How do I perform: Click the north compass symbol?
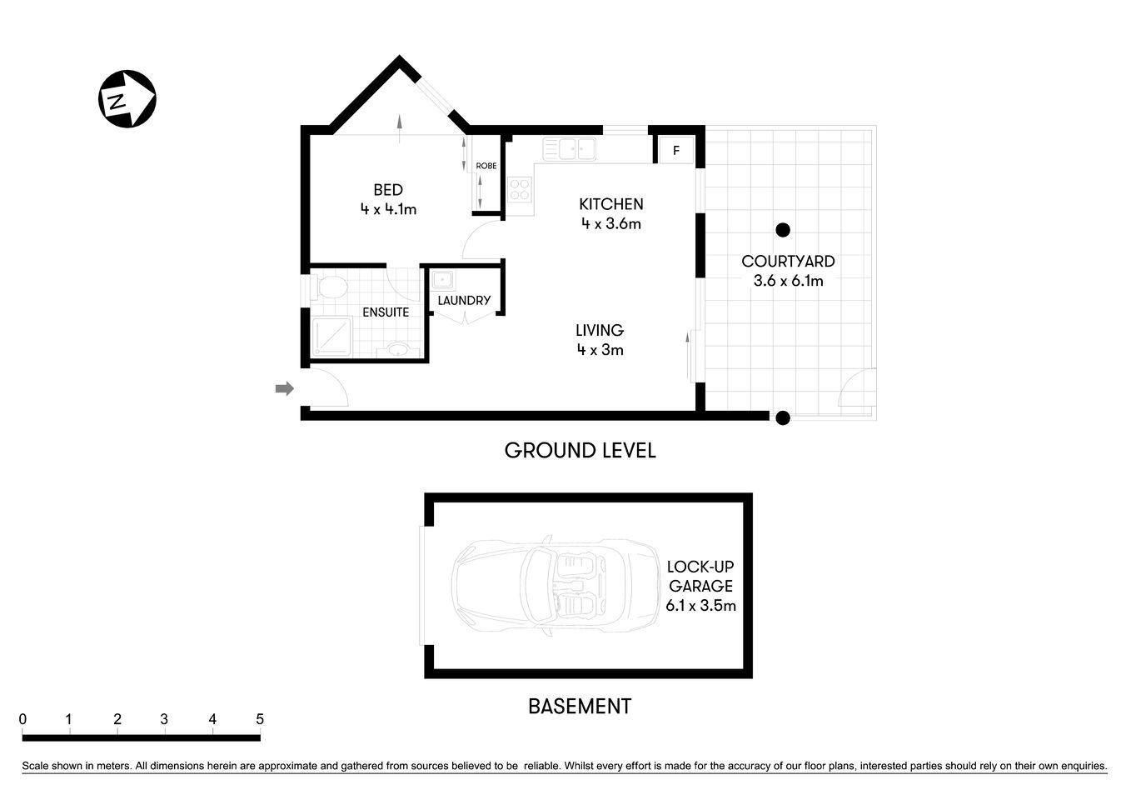click(127, 100)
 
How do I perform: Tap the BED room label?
click(388, 191)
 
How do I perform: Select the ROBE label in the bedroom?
click(486, 166)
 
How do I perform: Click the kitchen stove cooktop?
click(520, 191)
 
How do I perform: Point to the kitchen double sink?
click(569, 149)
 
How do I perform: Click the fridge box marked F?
click(676, 151)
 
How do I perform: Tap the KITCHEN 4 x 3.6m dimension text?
click(611, 223)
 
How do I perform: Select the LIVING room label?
click(600, 331)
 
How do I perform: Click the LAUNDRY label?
click(464, 300)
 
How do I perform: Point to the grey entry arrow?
click(285, 388)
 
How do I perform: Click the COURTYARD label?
click(788, 262)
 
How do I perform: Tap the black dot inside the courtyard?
click(782, 230)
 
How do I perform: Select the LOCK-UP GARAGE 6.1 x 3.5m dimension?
click(700, 606)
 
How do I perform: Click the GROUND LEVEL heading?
click(580, 451)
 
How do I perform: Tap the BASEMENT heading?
click(580, 707)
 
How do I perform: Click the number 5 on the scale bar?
click(260, 719)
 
